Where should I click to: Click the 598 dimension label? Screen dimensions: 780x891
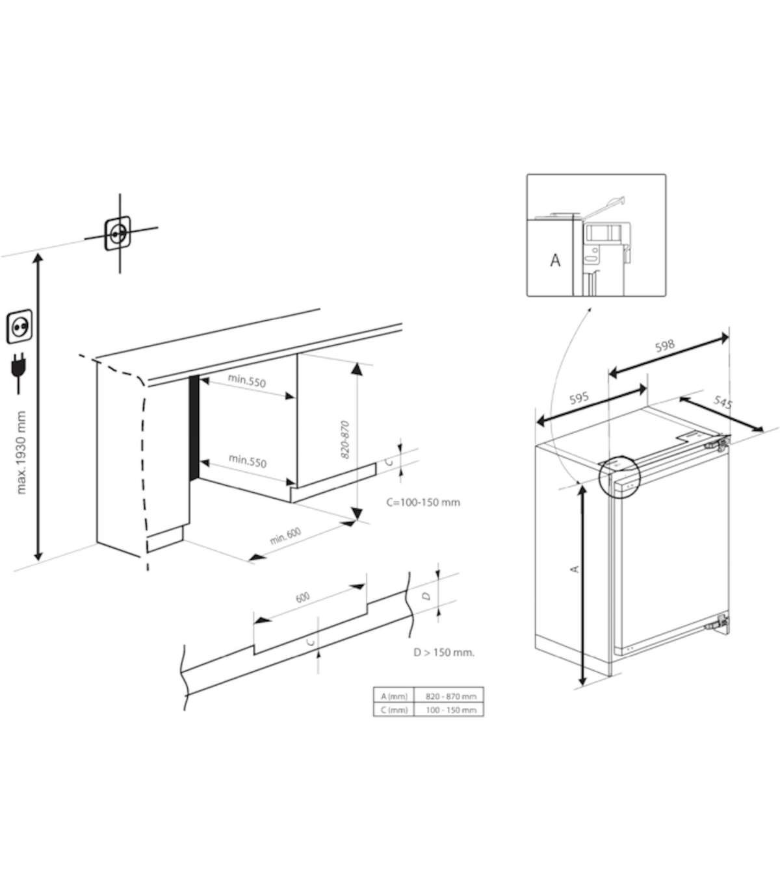tap(665, 345)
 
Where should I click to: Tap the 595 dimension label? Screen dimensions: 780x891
tap(579, 397)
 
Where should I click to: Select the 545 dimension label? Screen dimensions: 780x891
tap(723, 402)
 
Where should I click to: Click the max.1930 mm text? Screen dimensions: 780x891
tap(21, 453)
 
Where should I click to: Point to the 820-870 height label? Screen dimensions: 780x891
tap(345, 440)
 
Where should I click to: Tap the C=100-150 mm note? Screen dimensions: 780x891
tap(423, 502)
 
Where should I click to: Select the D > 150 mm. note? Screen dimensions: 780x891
tap(444, 653)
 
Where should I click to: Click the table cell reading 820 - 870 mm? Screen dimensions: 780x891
tap(451, 696)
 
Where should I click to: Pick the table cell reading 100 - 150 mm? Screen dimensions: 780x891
tap(451, 710)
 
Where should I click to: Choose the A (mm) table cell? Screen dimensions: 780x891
tap(394, 696)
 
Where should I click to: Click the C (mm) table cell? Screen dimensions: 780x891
tap(394, 710)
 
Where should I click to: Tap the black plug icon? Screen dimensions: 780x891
tap(18, 372)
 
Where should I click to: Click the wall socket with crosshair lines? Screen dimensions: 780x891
tap(118, 233)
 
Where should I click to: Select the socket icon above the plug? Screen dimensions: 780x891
tap(19, 326)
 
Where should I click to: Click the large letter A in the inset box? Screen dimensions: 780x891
tap(555, 260)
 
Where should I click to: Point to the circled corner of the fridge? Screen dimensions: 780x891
tap(619, 476)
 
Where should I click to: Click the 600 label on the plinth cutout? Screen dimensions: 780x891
tap(302, 597)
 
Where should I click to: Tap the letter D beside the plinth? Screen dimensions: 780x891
tap(426, 596)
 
